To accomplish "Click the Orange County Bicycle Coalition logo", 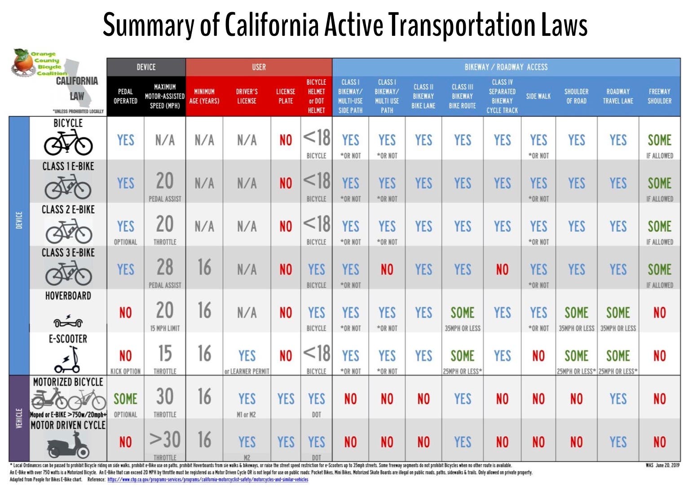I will [40, 63].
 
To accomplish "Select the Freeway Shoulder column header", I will [659, 96].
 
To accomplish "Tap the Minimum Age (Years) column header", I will [204, 96].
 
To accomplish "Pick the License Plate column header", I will [285, 96].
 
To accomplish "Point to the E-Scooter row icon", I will [68, 361].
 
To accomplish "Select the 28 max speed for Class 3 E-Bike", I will [164, 268].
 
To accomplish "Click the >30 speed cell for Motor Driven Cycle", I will [164, 440].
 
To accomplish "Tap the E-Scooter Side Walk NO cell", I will [538, 356].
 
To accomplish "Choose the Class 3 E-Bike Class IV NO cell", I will [502, 270].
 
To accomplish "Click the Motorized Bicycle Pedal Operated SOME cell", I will [125, 399].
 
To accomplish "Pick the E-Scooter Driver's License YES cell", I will [247, 356].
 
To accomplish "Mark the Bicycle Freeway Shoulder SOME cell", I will [659, 140].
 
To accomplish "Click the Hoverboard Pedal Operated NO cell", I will [125, 313].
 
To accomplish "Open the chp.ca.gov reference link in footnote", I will [207, 479].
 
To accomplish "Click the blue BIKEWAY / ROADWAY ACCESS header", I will [506, 67].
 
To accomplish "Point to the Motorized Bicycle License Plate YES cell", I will [285, 399].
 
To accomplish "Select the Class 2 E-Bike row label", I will [68, 210].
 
